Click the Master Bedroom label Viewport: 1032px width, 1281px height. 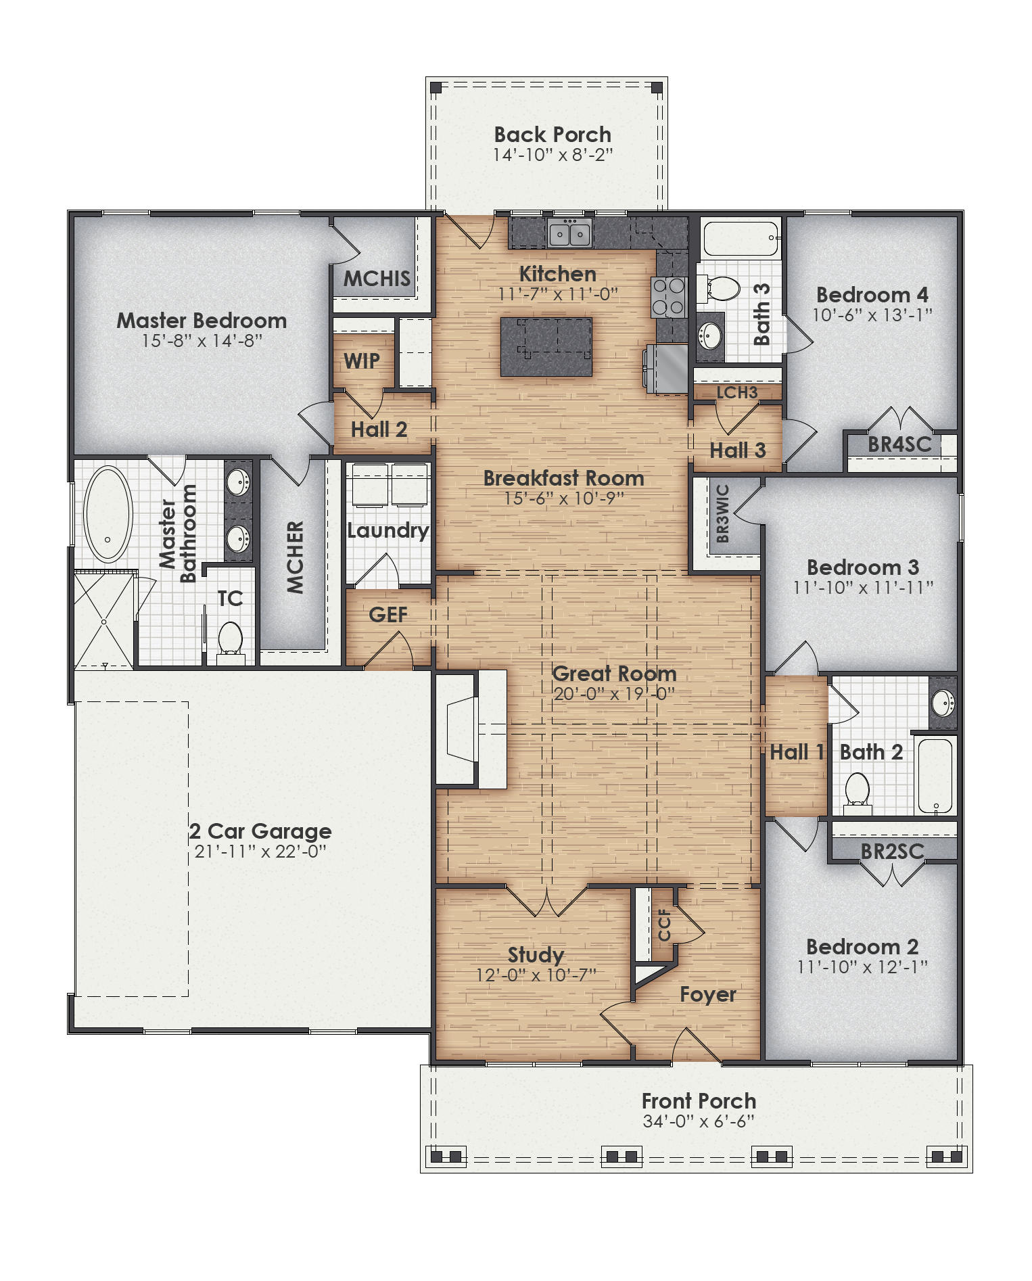click(202, 321)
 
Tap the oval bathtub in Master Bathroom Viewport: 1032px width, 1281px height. click(108, 514)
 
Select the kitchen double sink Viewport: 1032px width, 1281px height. click(569, 234)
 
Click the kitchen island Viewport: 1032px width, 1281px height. click(546, 347)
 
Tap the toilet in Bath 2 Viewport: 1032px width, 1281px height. click(857, 789)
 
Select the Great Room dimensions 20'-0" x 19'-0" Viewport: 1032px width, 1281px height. click(613, 694)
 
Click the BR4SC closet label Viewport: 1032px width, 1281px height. click(899, 444)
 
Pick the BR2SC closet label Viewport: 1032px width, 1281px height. click(892, 851)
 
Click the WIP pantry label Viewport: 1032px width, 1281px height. click(362, 361)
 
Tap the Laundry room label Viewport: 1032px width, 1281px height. click(388, 530)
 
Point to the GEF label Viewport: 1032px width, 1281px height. click(388, 614)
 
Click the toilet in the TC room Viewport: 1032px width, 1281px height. click(230, 639)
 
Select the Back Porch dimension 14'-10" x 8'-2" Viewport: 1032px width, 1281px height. click(552, 155)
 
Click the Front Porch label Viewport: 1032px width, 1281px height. click(699, 1101)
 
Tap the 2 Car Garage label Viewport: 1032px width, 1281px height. click(260, 831)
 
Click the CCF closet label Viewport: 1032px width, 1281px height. click(664, 925)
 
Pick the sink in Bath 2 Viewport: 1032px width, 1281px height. click(943, 704)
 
